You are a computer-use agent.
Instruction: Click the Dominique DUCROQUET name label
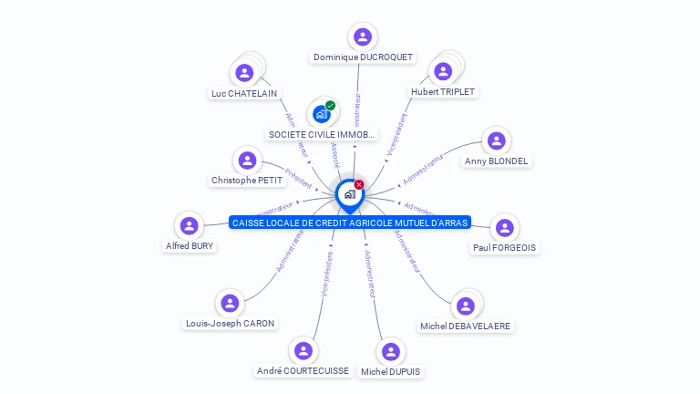point(363,57)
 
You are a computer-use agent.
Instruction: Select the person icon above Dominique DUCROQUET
point(363,36)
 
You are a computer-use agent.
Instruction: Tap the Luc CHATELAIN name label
point(244,93)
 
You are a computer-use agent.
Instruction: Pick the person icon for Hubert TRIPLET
point(443,71)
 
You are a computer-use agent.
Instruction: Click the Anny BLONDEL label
point(497,161)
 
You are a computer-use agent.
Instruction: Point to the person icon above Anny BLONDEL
point(496,140)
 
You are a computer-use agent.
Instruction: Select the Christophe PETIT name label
point(247,181)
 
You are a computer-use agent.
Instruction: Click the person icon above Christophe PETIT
point(247,161)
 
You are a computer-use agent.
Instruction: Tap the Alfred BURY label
point(190,245)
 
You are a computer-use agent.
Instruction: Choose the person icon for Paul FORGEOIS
point(505,227)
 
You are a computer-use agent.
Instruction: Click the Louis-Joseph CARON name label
point(230,323)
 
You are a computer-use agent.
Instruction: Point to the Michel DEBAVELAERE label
point(466,326)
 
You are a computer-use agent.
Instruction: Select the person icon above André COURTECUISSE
point(304,350)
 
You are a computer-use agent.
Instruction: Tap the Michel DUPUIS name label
point(391,371)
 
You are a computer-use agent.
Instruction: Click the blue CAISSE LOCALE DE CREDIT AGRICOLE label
point(350,223)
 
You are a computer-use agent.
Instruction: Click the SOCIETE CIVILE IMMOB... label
point(321,134)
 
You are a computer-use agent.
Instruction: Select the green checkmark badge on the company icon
point(330,106)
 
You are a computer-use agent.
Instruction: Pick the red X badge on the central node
point(359,184)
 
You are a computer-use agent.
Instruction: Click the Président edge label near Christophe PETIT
point(298,178)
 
